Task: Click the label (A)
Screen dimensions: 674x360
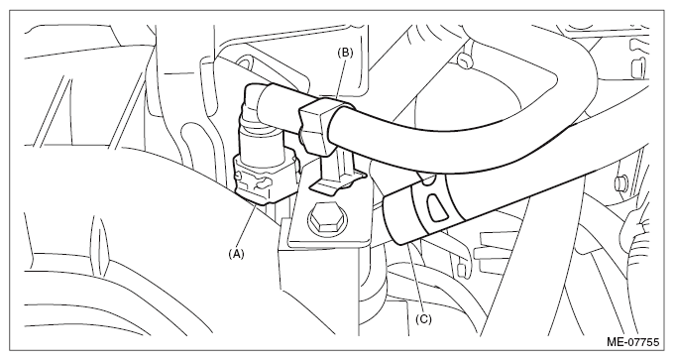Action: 236,254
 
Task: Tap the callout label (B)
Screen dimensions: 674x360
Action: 345,53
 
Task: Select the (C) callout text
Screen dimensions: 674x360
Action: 423,318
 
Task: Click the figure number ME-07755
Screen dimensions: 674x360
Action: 632,342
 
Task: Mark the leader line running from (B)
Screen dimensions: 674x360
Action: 340,79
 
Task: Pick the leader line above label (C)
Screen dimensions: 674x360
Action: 415,278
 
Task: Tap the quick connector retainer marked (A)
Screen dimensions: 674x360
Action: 263,180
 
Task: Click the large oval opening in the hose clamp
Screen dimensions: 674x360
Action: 437,207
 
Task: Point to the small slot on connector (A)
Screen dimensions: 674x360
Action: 263,184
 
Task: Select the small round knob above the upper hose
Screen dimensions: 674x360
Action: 465,60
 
